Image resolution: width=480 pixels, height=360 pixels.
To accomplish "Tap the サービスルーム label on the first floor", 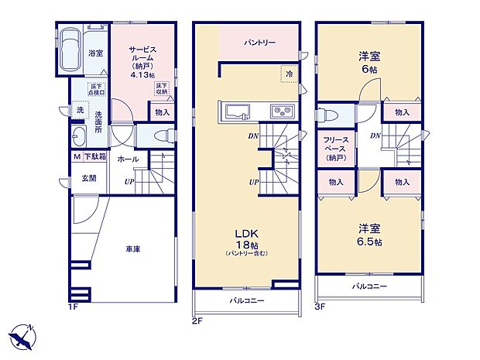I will pos(142,56).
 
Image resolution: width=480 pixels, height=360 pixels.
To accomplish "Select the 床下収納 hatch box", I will pos(161,88).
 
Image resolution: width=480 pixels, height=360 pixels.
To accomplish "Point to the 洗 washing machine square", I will pos(80,111).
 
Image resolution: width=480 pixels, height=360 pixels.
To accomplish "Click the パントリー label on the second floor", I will pos(259,43).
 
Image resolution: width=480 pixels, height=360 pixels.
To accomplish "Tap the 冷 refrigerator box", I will pos(288,74).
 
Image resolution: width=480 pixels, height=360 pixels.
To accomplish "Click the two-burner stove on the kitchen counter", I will pos(279,113).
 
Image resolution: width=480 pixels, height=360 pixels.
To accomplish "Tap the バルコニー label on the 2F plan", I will pos(245,300).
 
